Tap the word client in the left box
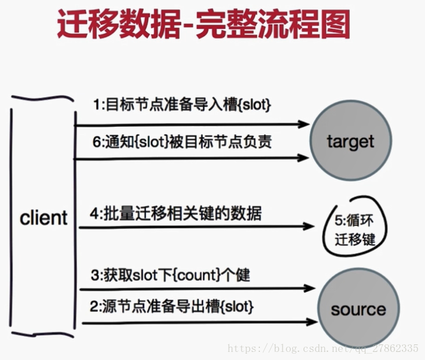pos(43,218)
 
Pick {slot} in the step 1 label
pos(255,106)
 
